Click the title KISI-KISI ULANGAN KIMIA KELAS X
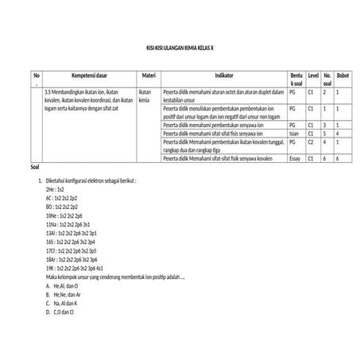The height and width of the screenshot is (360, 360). click(180, 48)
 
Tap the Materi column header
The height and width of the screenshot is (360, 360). click(148, 75)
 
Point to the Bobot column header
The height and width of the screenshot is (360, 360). click(343, 75)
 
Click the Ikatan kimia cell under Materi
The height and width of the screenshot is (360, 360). click(145, 97)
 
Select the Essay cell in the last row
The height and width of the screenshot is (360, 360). click(294, 159)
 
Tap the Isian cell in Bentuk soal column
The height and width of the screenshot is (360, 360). click(294, 134)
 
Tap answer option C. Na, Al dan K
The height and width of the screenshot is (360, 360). click(61, 304)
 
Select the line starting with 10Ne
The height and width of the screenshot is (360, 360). click(64, 216)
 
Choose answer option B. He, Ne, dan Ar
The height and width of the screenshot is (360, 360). click(64, 294)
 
